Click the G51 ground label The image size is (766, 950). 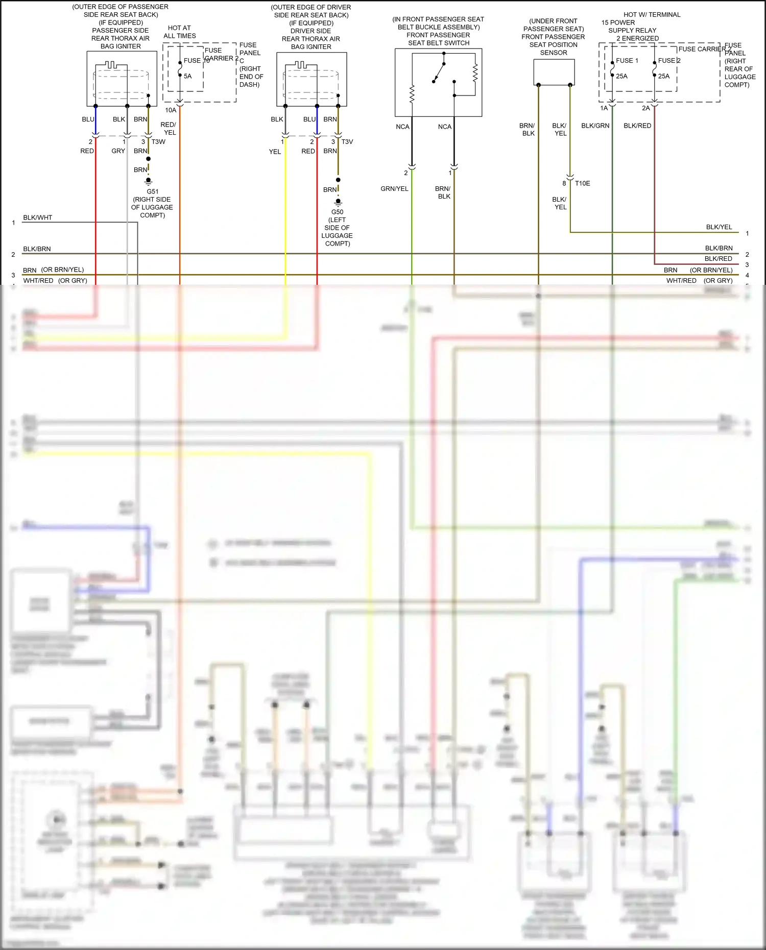152,191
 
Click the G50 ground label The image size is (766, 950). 337,212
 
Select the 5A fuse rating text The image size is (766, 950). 187,76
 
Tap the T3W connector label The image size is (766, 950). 158,141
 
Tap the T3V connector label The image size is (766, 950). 347,141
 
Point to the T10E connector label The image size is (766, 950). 582,183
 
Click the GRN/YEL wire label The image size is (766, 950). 394,189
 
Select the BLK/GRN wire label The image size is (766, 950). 595,126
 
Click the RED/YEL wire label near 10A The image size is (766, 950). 168,128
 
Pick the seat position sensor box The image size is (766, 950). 554,72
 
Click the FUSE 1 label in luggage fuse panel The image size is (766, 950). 627,60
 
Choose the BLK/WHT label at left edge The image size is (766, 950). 37,217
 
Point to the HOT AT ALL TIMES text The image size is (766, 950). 179,32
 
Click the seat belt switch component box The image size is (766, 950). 438,82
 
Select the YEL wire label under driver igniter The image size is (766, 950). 275,152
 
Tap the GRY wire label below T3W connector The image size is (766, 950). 118,151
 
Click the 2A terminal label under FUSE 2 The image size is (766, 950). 645,108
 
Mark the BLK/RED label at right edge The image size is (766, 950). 718,259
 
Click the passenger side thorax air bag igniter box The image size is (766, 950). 121,79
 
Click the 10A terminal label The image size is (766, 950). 170,110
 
